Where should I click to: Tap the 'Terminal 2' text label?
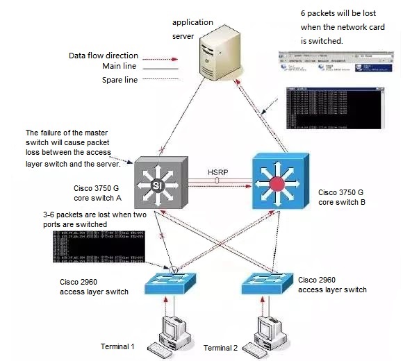pos(221,346)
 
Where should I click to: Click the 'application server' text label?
pos(192,27)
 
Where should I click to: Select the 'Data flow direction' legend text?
pos(104,56)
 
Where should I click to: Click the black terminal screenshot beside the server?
pos(334,109)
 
